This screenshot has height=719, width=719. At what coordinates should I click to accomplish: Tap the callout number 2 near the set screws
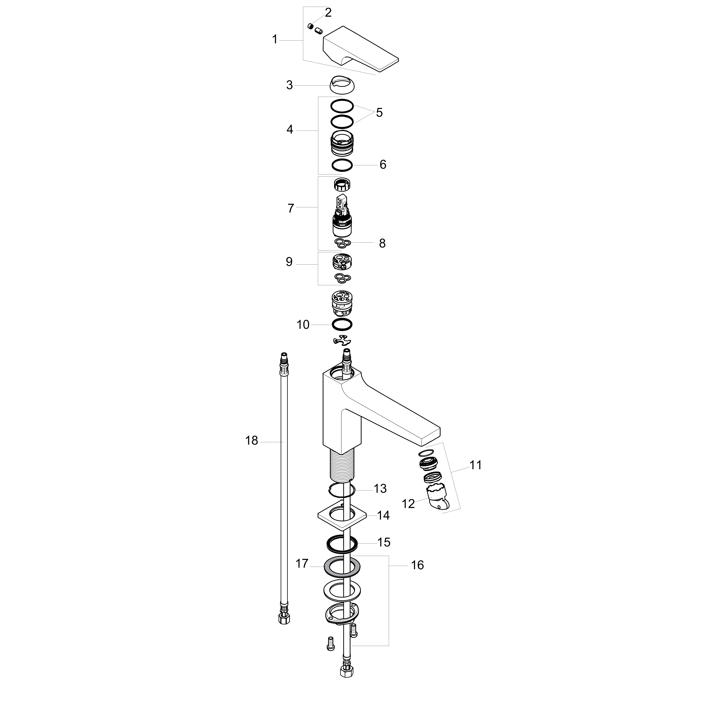(x=328, y=13)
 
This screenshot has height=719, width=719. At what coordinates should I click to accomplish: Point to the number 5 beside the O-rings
(x=379, y=112)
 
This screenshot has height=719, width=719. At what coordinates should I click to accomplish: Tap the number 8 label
(x=382, y=243)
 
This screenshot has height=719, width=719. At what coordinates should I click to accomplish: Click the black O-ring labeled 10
(x=342, y=325)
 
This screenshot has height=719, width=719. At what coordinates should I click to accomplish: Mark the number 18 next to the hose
(x=252, y=441)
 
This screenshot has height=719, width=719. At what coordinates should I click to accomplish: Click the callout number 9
(x=289, y=262)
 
